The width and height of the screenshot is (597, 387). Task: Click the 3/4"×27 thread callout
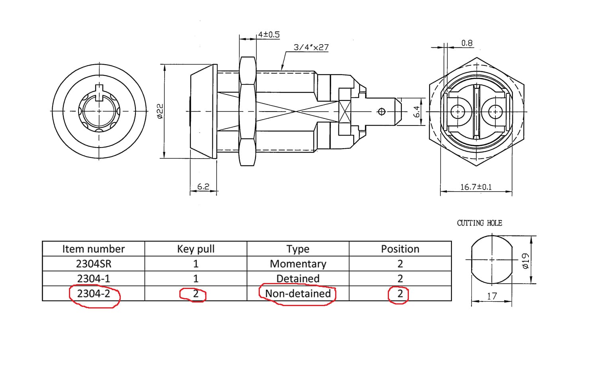tap(311, 47)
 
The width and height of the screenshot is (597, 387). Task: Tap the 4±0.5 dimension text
tap(269, 35)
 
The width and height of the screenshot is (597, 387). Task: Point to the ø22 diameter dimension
tap(160, 111)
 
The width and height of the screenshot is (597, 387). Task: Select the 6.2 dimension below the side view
tap(203, 186)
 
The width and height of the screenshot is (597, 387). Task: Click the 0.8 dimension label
tap(467, 43)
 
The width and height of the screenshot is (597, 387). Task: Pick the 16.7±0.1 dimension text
tap(476, 187)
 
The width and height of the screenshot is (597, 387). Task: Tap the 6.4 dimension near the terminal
tap(416, 112)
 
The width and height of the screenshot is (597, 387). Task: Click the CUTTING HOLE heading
tap(479, 223)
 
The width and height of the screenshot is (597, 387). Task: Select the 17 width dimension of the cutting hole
tap(492, 296)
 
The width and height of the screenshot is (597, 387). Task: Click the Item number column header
tap(93, 249)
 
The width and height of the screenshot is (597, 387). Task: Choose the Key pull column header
tap(196, 249)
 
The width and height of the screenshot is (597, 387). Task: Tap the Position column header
tap(400, 249)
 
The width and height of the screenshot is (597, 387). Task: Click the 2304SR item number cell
tap(93, 264)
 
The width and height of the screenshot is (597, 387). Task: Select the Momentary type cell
tap(298, 264)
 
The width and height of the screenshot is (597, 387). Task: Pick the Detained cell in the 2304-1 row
tap(298, 279)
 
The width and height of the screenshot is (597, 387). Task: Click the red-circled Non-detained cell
tap(298, 294)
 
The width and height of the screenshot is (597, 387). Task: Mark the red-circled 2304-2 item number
tap(93, 294)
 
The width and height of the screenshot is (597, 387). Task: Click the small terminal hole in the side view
tap(381, 111)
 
